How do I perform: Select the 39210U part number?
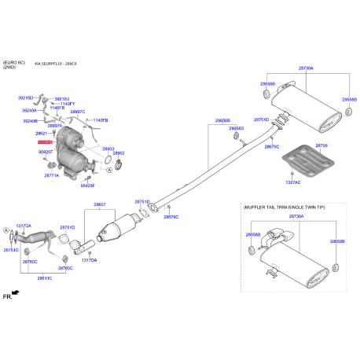pos(61,98)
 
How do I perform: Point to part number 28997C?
pos(77,112)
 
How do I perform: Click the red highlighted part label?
pos(44,141)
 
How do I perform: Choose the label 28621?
pos(42,134)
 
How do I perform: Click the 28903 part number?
pos(108,148)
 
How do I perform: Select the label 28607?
pos(100,205)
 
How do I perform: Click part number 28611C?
pos(46,277)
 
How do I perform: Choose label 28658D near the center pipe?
pos(236,128)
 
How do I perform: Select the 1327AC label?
pos(292,182)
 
